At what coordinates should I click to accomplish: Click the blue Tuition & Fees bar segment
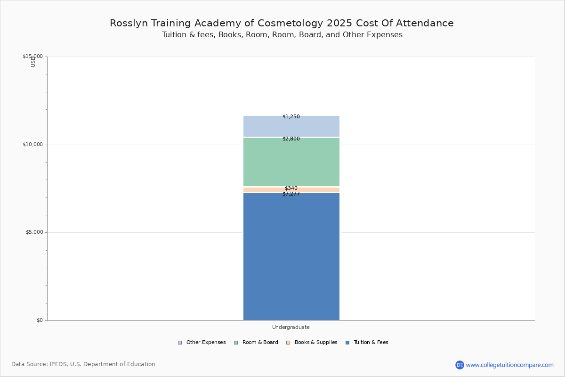click(291, 257)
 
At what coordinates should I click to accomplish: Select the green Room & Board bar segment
click(291, 163)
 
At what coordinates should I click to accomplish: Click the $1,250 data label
click(291, 117)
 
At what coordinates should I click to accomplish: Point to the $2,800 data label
click(291, 139)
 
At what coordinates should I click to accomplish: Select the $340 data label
click(291, 188)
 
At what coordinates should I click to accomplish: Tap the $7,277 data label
click(291, 194)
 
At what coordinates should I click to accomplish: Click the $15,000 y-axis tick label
click(32, 57)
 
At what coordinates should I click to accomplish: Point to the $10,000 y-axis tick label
click(32, 145)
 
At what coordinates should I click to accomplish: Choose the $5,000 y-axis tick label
click(33, 232)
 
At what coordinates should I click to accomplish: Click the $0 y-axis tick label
click(40, 320)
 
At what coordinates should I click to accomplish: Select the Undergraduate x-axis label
click(291, 327)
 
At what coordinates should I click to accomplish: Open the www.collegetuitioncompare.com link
click(509, 365)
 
